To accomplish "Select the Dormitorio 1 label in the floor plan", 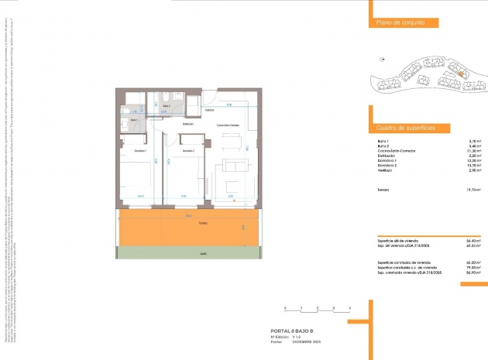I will [x=140, y=150].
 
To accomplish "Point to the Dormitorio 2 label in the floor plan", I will [x=187, y=150].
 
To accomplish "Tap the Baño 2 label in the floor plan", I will [x=166, y=105].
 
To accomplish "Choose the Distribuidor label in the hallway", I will [x=187, y=124].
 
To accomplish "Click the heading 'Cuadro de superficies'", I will [x=406, y=126].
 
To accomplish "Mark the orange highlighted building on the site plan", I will [x=460, y=74].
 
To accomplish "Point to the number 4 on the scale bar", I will [x=351, y=308].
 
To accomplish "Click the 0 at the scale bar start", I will [x=285, y=308].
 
